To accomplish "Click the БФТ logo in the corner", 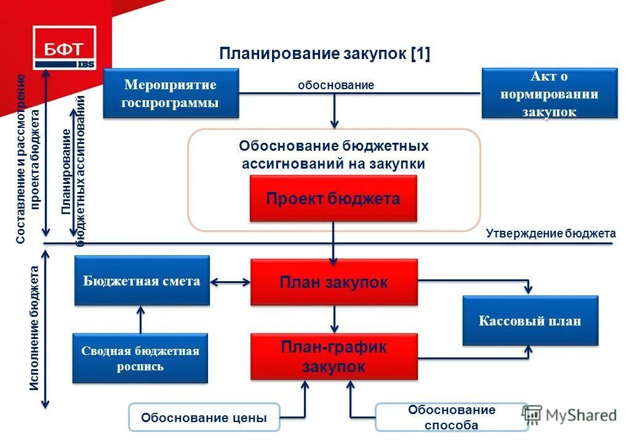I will pyautogui.click(x=65, y=47).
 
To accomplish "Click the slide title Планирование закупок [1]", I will pyautogui.click(x=324, y=54).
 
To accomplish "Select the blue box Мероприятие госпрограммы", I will pyautogui.click(x=170, y=93).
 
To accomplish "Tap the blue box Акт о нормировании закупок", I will pyautogui.click(x=549, y=94).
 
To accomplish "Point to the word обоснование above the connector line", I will pyautogui.click(x=336, y=85).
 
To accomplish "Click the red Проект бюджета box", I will pyautogui.click(x=333, y=199).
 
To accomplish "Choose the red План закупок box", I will pyautogui.click(x=334, y=282).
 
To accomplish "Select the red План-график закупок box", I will pyautogui.click(x=334, y=357).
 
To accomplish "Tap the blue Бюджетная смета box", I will pyautogui.click(x=142, y=281).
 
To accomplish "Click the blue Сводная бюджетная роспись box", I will pyautogui.click(x=140, y=359).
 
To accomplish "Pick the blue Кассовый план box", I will pyautogui.click(x=530, y=321).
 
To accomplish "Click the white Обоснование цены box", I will pyautogui.click(x=204, y=418).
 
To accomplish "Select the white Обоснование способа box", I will pyautogui.click(x=451, y=417).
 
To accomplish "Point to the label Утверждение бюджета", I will pyautogui.click(x=550, y=234).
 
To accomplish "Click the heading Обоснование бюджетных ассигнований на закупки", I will pyautogui.click(x=334, y=155).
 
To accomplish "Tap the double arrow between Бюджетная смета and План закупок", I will pyautogui.click(x=230, y=282).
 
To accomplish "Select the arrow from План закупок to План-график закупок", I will pyautogui.click(x=334, y=319).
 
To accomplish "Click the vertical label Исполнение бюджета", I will pyautogui.click(x=34, y=328).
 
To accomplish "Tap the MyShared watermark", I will pyautogui.click(x=569, y=415).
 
